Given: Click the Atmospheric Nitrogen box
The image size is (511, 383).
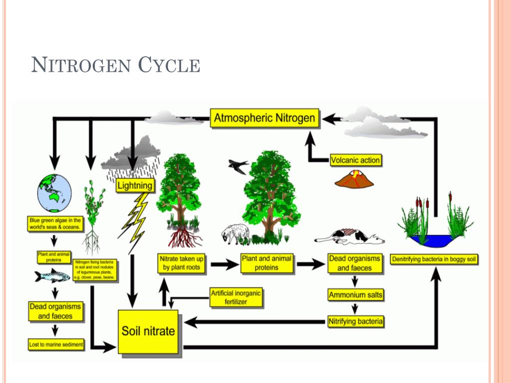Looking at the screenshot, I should pos(264,118).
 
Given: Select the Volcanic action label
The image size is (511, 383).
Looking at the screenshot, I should pos(356,160).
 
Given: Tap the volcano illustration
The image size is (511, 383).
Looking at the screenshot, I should pos(354,179).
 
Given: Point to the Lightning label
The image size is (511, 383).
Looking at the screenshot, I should pos(135,186).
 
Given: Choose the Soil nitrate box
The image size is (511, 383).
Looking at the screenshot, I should pos(148,331).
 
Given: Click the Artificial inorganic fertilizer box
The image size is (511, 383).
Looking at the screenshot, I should pos(236,298).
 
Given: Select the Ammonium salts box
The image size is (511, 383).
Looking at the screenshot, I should pos(355,295).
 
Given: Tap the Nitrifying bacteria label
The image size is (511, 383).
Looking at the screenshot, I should pos(355,321).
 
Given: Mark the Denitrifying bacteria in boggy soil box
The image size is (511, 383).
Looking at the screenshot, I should pos(434,260).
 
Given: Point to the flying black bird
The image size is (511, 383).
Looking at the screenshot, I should pos(238,166).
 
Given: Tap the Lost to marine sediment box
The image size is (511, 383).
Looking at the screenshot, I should pos(56,344).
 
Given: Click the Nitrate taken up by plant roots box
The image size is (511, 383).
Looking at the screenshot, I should pos(182,263).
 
